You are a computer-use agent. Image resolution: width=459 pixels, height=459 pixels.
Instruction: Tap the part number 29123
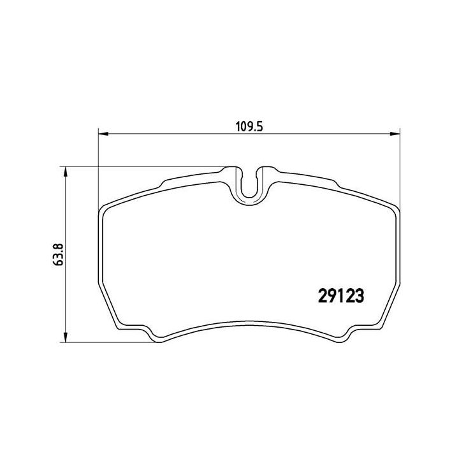340,296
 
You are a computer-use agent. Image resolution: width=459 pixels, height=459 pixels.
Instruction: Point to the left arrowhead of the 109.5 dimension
102,134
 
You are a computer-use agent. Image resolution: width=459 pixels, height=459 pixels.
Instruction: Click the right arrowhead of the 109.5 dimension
394,134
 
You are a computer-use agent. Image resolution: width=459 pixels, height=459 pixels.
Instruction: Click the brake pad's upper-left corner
106,208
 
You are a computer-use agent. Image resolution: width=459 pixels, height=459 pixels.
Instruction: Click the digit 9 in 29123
331,296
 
